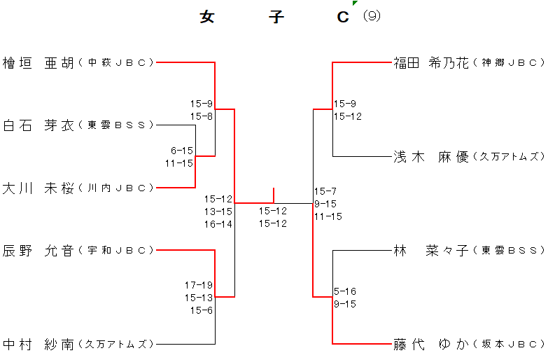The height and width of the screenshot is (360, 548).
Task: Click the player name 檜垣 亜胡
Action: pos(38,63)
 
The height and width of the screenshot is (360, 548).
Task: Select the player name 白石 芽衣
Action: pos(38,125)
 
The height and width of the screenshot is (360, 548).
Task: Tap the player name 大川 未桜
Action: pos(38,188)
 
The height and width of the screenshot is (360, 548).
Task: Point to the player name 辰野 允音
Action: pos(38,250)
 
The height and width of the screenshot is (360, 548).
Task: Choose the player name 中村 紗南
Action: pos(38,344)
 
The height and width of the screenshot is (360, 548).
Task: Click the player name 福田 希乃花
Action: pos(430,63)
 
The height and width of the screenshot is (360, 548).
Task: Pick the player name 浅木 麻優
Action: pos(430,156)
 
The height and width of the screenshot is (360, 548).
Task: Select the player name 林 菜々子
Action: pos(430,250)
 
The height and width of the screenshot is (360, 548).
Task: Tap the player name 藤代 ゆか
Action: pos(430,344)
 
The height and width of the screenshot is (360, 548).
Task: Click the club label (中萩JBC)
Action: pos(116,63)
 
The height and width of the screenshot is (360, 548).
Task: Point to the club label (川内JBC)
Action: pos(116,188)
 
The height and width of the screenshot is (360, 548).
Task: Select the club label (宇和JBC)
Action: pos(116,251)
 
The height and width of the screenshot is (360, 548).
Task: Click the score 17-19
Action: pos(199,285)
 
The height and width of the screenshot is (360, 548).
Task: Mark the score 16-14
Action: pos(218,224)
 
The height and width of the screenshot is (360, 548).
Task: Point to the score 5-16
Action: pos(345,291)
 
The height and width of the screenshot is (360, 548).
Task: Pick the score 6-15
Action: pos(181,151)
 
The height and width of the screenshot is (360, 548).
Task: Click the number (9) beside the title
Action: pos(372,16)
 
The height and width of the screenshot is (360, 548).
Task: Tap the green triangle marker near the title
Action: pos(355,4)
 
